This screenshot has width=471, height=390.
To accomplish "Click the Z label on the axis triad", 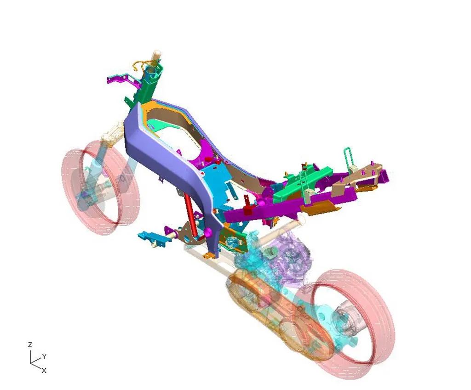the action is pos(30,345).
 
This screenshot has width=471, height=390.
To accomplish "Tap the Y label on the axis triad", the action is pos(45,356).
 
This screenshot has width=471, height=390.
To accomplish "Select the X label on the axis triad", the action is pos(44,371).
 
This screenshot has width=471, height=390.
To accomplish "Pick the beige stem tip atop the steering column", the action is pos(157,55).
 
